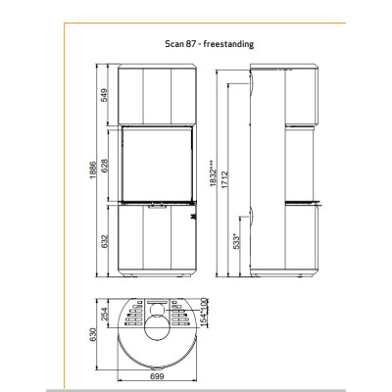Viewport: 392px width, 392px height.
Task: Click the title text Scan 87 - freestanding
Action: pos(210,44)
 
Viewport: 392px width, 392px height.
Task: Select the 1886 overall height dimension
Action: pos(93,170)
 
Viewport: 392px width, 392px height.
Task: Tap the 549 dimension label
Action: pos(104,95)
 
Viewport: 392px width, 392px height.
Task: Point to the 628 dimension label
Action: pos(104,166)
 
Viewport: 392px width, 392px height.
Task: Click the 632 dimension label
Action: pos(104,241)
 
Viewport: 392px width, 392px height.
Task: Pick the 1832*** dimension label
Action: pos(213,173)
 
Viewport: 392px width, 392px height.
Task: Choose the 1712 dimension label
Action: pos(224,179)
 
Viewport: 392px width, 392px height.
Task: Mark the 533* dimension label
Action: pos(236,241)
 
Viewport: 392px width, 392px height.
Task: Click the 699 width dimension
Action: pos(157,376)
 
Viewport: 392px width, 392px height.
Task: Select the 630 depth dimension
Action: pos(93,334)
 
